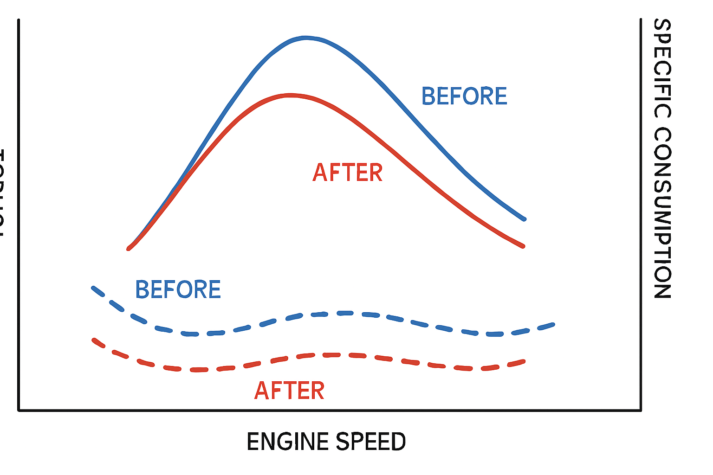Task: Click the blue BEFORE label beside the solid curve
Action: pyautogui.click(x=464, y=96)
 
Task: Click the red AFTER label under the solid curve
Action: pyautogui.click(x=348, y=173)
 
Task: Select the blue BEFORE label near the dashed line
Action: pyautogui.click(x=178, y=289)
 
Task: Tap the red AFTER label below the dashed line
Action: pyautogui.click(x=289, y=391)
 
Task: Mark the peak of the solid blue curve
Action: pyautogui.click(x=305, y=38)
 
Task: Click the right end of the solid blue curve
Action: pyautogui.click(x=524, y=219)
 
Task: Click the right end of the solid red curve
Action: pyautogui.click(x=523, y=246)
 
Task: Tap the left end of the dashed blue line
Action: pyautogui.click(x=93, y=288)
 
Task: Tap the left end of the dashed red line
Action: pyautogui.click(x=94, y=340)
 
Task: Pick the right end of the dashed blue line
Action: pyautogui.click(x=553, y=324)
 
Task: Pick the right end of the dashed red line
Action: pyautogui.click(x=524, y=361)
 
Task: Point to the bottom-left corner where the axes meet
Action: pyautogui.click(x=19, y=410)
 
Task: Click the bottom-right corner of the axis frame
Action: pyautogui.click(x=641, y=410)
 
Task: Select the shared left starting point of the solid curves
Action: pyautogui.click(x=129, y=249)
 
